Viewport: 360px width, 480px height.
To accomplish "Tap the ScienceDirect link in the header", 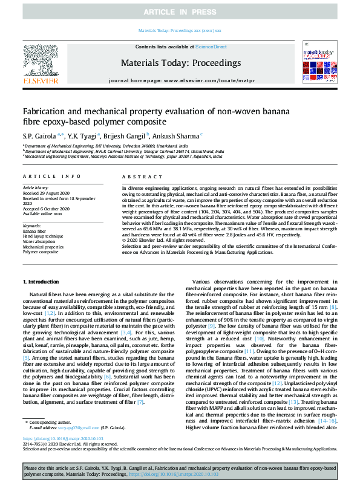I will [x=211, y=46].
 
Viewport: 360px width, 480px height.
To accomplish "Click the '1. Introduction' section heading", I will [x=41, y=282].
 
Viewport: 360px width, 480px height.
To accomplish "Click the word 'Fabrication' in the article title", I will [x=43, y=112].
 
